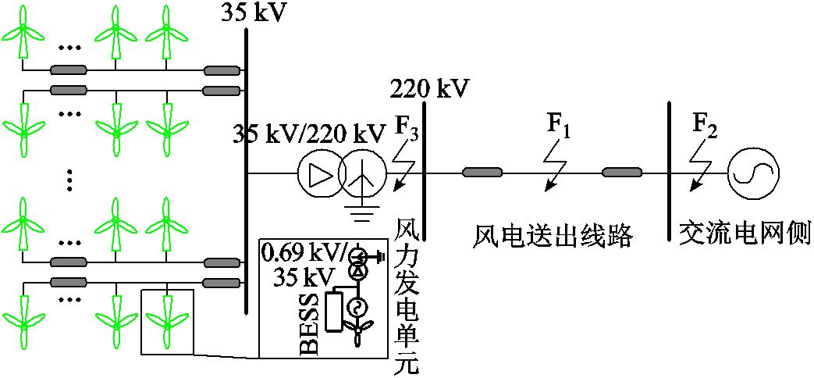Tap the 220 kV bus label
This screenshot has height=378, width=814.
point(430,88)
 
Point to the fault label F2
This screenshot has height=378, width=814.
point(705,123)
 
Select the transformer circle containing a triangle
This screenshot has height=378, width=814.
point(318,174)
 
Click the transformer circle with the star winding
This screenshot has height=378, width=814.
point(362,174)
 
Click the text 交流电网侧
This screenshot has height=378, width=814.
point(745,234)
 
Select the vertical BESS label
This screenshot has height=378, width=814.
point(309,325)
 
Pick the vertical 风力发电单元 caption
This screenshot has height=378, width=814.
point(407,296)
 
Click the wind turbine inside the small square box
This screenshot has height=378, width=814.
point(166,320)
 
